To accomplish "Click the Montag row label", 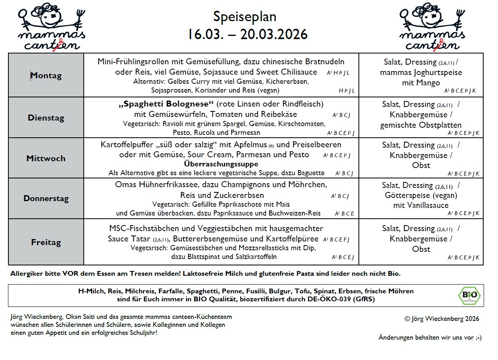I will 46,75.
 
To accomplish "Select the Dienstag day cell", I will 46,118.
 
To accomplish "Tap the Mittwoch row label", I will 46,158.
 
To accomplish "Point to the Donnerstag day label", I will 46,198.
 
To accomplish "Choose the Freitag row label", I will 46,242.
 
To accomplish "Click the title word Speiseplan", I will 244,17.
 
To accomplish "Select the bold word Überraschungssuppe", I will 221,164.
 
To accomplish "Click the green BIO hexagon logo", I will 469,296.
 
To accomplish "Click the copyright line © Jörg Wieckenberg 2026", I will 441,318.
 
